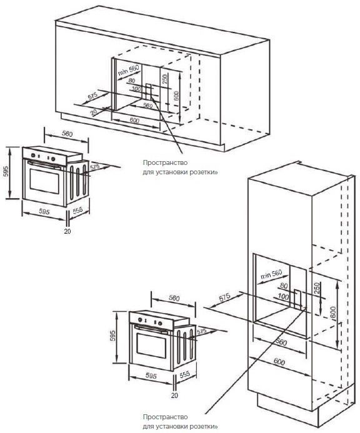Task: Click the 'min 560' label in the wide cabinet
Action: pos(127,71)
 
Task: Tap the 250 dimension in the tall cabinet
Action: pos(317,288)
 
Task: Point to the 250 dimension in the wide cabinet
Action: pos(164,81)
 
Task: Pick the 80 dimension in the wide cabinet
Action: pos(132,81)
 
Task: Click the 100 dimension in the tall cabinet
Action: pos(283,296)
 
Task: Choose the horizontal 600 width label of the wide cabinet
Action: pos(133,119)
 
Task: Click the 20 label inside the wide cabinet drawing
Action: pos(93,112)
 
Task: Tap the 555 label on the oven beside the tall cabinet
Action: pos(185,374)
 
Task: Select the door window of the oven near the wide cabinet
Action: pos(44,181)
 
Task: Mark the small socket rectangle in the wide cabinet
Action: pos(149,90)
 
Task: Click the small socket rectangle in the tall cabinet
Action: pos(299,300)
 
